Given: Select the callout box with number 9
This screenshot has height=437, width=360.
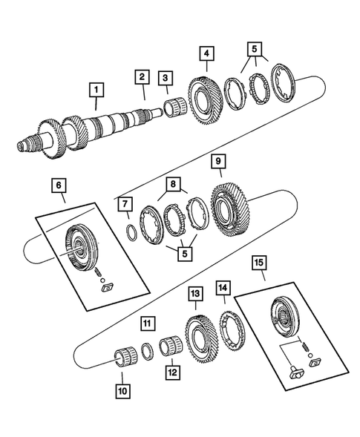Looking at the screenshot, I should [x=218, y=162].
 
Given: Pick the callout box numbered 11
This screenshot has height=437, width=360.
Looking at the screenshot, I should [x=148, y=323].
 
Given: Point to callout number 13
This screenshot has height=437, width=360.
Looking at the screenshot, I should [x=194, y=295].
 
